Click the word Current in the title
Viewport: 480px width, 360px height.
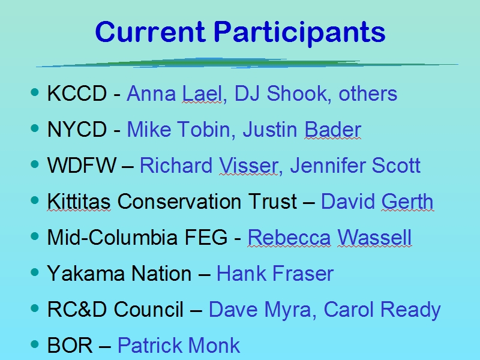pos(150,32)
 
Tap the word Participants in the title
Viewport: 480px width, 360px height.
pos(299,34)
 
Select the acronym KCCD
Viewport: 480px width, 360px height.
pos(77,94)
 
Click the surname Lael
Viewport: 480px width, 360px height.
pos(202,94)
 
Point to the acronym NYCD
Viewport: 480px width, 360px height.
pos(77,129)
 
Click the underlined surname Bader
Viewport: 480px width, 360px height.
pos(333,129)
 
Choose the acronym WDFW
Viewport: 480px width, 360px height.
pos(82,166)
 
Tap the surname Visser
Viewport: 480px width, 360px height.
pos(248,166)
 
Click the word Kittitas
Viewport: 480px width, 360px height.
pos(79,202)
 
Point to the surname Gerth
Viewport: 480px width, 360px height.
pos(407,202)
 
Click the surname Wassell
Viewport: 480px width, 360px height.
pos(374,237)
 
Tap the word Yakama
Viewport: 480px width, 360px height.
pos(86,273)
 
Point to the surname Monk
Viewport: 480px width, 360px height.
pos(214,345)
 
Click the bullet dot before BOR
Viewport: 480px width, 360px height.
pos(35,344)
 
